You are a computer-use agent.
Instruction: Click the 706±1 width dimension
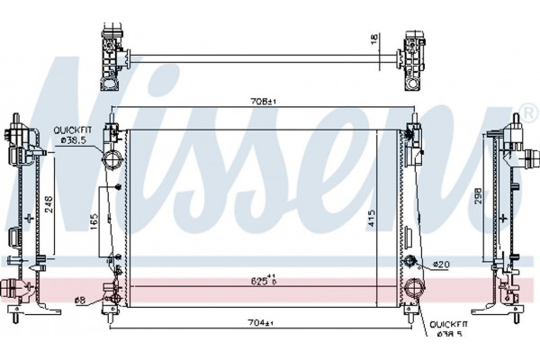(x=264, y=102)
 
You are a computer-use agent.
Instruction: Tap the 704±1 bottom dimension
(x=261, y=322)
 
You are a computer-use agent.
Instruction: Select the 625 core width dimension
(x=264, y=281)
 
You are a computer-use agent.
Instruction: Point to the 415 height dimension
(x=371, y=218)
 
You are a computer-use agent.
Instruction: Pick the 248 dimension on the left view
(x=49, y=204)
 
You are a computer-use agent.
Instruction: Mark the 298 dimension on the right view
(x=478, y=196)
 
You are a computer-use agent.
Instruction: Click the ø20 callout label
(x=441, y=265)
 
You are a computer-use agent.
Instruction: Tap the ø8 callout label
(x=80, y=300)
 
